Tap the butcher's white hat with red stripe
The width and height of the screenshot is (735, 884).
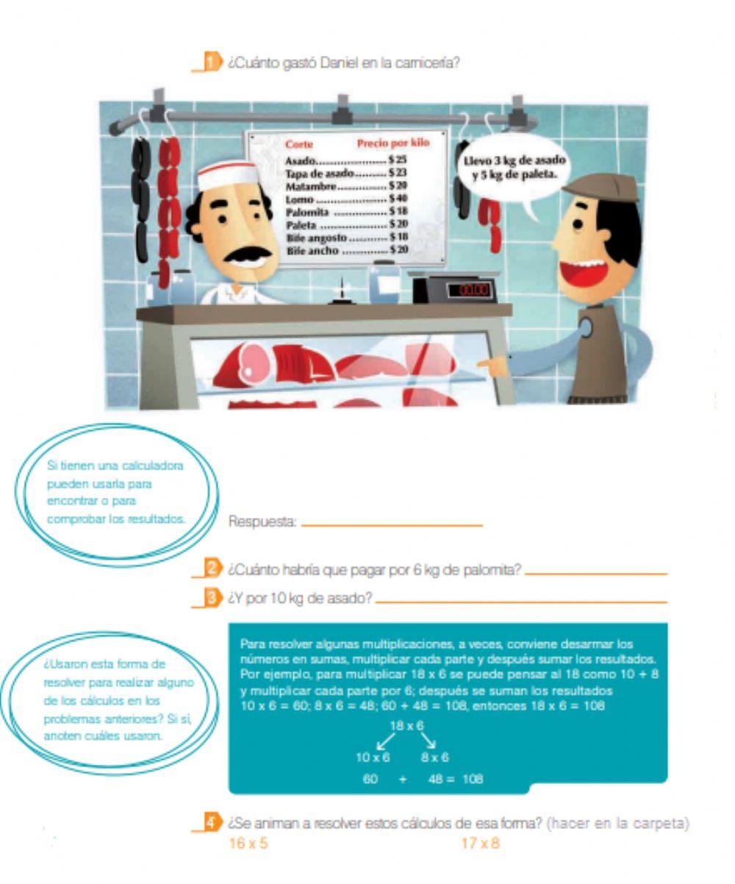click(x=228, y=176)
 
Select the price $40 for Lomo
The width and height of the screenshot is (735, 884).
click(x=398, y=198)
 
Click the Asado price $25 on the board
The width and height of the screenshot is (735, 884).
click(x=398, y=159)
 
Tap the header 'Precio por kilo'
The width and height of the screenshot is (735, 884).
click(x=393, y=143)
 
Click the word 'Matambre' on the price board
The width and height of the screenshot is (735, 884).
click(x=311, y=186)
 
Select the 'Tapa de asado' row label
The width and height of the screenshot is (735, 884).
click(x=320, y=174)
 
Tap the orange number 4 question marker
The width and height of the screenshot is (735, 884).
click(x=211, y=822)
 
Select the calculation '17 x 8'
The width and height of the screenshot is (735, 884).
click(x=480, y=844)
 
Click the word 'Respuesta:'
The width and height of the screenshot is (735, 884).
click(x=262, y=521)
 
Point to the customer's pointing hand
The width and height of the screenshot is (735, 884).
click(x=493, y=365)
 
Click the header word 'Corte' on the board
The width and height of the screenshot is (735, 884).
click(x=298, y=144)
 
